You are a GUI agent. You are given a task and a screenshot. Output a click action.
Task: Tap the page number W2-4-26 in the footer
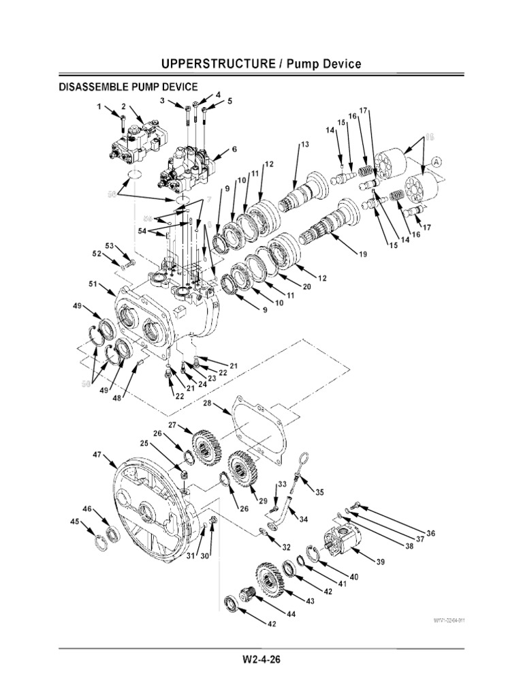261,661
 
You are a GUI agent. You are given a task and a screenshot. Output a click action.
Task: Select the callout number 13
304,145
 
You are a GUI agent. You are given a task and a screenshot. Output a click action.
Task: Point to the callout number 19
361,254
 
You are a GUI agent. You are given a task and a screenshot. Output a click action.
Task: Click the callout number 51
93,284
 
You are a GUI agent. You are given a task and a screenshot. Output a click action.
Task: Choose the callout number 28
208,404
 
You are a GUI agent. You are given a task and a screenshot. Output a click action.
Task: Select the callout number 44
291,614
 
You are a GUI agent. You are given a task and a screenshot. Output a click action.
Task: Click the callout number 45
74,522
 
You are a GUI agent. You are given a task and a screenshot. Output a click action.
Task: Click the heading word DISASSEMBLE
88,87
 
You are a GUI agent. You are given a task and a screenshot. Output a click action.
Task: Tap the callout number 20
306,287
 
